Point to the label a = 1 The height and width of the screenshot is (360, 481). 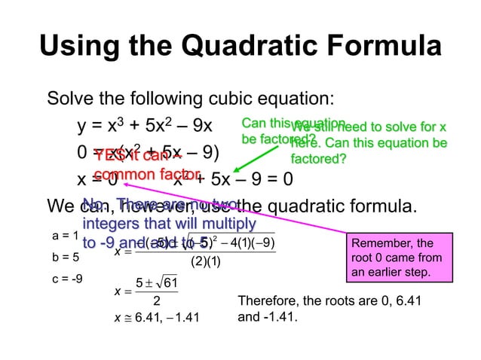[x=65, y=236]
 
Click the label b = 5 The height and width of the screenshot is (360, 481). [x=65, y=257]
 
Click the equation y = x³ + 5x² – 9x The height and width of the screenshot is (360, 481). [x=143, y=125]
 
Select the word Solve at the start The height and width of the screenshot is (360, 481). [x=69, y=99]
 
